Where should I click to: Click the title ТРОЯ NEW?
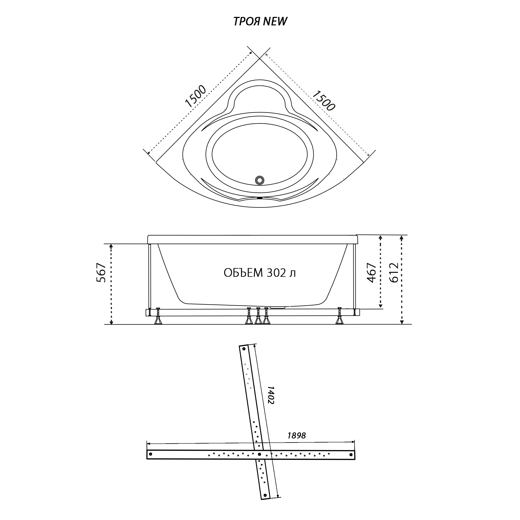tap(260, 22)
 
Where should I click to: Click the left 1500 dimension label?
tap(196, 96)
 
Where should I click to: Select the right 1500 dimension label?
tap(324, 100)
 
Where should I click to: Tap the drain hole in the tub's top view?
tap(260, 180)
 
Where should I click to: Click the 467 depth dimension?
tap(372, 273)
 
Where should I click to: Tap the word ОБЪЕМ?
tap(243, 273)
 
